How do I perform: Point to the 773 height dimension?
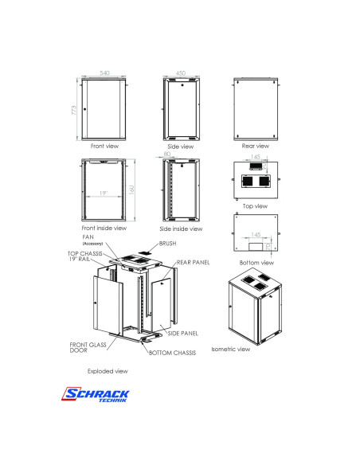coord(74,109)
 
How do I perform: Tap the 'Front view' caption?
coord(104,146)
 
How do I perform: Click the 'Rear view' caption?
coord(255,146)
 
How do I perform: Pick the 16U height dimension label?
coord(132,189)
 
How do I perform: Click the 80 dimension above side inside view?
coord(166,154)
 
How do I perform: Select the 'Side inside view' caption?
coord(182,228)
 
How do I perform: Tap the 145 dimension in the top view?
coord(255,158)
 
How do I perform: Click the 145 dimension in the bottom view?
coord(255,234)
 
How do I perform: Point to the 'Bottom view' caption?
coord(256,262)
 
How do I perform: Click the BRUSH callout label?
coord(167,243)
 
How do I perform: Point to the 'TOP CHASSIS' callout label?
coord(83,253)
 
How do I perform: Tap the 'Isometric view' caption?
coord(231,349)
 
